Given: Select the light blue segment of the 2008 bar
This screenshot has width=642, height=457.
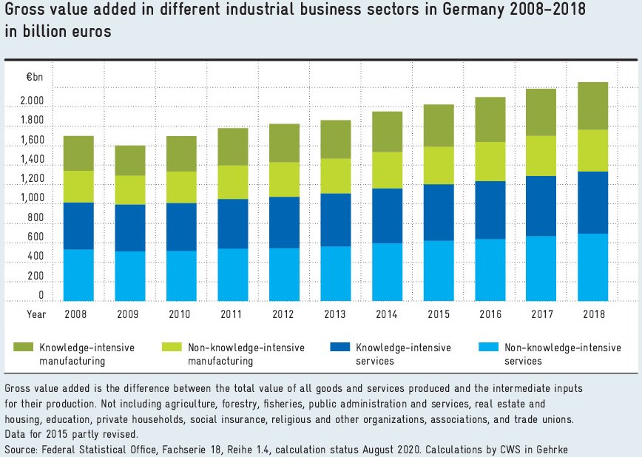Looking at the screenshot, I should tap(78, 275).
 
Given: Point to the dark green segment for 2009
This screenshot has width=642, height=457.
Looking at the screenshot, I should tap(129, 160).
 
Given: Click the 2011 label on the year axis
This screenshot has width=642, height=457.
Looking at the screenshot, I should tap(232, 314).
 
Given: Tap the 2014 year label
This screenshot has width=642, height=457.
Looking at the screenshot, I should tap(387, 314).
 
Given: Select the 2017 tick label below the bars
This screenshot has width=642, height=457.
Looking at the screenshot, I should tap(541, 314).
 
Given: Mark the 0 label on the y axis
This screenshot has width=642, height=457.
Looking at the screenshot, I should tap(41, 295).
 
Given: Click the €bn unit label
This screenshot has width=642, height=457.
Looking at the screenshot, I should tap(36, 78).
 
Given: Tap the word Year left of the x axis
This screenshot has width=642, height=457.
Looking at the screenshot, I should tap(36, 314).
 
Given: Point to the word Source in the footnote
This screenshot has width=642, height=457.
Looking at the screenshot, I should tap(21, 450).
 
